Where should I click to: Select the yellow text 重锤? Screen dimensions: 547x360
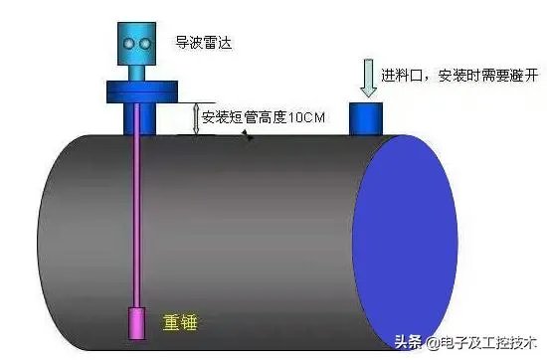click(180, 323)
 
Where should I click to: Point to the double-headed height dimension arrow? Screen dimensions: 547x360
click(195, 117)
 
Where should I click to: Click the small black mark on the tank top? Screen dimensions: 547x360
click(248, 136)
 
